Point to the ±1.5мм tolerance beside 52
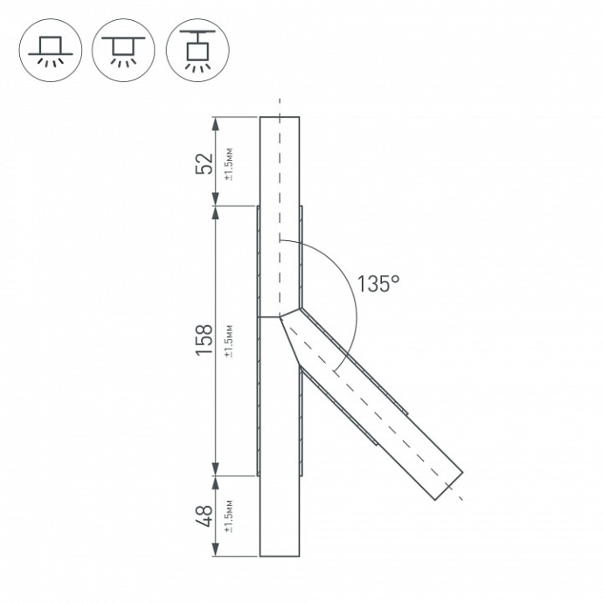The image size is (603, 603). coord(228,163)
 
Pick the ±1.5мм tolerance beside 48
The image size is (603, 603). coord(228,516)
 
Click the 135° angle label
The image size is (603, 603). coord(378,283)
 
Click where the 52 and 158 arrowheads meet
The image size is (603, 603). coord(215,206)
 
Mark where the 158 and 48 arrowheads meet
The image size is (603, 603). coord(215,475)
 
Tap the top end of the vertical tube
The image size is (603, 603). coord(280,117)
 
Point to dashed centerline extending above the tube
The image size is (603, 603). coord(280,106)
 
